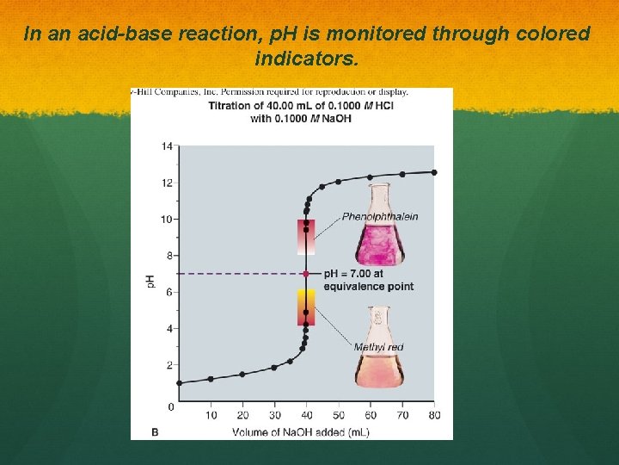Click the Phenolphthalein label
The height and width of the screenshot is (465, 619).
tap(380, 216)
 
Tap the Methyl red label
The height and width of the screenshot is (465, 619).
tap(378, 347)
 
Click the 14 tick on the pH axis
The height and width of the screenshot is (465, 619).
tap(167, 146)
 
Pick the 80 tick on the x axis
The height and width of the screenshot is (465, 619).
tap(434, 416)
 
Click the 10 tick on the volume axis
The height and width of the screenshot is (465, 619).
tap(211, 416)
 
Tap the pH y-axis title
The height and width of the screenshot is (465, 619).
tap(151, 281)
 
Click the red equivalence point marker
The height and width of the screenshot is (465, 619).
tap(306, 274)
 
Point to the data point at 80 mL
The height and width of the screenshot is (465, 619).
tap(434, 172)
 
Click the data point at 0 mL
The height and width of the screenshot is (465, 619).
tap(179, 383)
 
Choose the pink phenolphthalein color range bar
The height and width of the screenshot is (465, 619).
tap(306, 236)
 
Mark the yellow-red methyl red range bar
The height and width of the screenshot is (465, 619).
tap(306, 307)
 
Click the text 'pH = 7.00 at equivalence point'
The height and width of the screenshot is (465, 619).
tap(368, 280)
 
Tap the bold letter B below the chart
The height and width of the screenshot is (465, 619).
tap(155, 431)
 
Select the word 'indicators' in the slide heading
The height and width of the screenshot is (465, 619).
tap(305, 59)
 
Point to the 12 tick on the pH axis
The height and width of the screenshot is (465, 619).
tap(167, 183)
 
